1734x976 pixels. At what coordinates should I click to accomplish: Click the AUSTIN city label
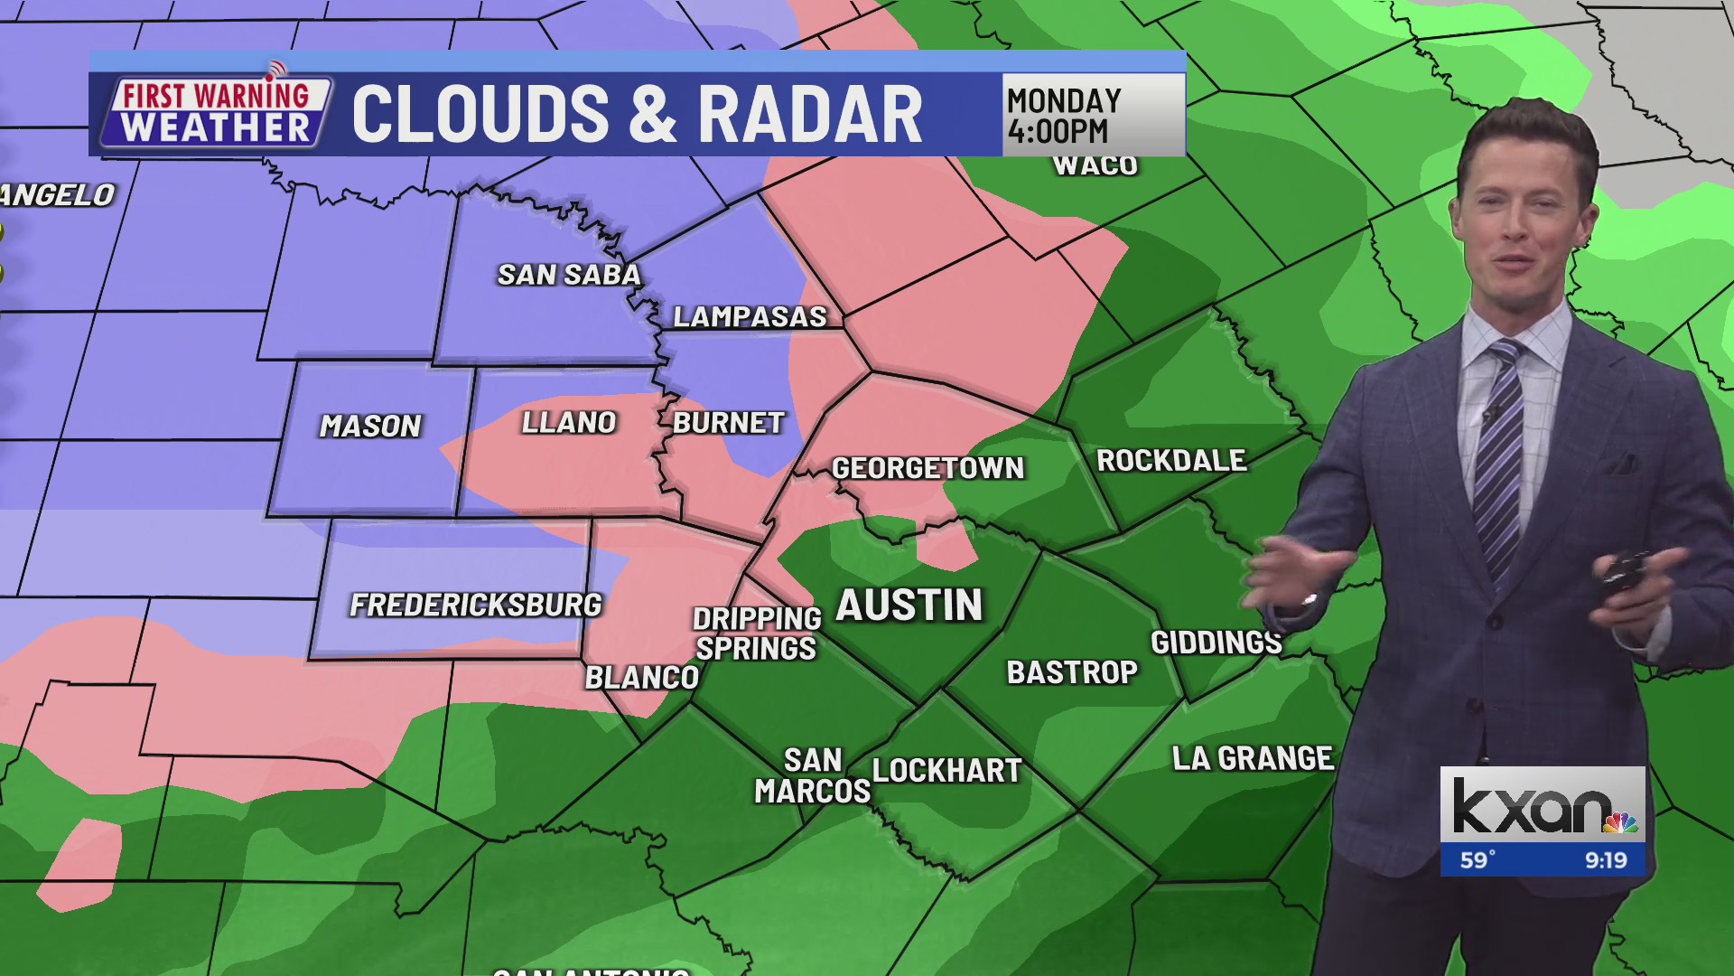tap(909, 605)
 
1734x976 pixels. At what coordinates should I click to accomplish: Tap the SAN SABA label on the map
tap(569, 275)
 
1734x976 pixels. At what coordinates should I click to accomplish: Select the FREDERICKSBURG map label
tap(475, 605)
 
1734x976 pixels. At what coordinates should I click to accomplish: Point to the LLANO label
tap(569, 422)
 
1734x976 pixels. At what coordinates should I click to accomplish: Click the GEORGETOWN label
tap(928, 468)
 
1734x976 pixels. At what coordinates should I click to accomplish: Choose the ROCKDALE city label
tap(1171, 461)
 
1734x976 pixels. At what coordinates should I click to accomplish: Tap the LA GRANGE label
tap(1253, 758)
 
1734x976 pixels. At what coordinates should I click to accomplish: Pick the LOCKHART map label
tap(946, 771)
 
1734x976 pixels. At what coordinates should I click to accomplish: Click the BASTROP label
tap(1072, 672)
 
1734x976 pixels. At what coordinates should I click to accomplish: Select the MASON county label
tap(370, 426)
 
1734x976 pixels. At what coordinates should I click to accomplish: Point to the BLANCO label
tap(642, 678)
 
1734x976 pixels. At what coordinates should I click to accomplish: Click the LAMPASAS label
tap(750, 316)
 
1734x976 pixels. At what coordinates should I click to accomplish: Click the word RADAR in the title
tap(810, 115)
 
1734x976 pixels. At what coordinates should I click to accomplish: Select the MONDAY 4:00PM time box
tap(1093, 115)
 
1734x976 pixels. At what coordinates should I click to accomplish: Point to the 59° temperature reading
tap(1478, 860)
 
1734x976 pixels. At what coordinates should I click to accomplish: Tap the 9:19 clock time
tap(1606, 860)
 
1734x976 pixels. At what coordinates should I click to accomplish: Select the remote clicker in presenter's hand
tap(1626, 574)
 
